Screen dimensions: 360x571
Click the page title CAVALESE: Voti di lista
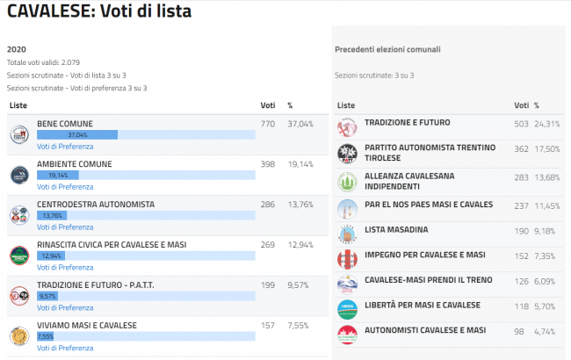coord(98,12)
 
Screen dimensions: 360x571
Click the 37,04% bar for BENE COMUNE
coord(76,135)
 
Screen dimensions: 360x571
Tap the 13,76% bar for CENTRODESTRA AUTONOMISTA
coord(52,215)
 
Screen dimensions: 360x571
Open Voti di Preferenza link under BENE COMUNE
coord(65,146)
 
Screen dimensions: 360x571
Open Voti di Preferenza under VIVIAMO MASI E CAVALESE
coord(65,348)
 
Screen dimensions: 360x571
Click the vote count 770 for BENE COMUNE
coord(268,124)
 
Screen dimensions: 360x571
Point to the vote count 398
coord(268,164)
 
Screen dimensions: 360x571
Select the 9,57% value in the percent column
coord(300,285)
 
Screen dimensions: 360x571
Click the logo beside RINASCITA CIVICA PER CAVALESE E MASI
coord(19,256)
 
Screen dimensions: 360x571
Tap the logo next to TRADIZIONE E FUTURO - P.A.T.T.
coord(19,296)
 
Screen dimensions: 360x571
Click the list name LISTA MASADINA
coord(396,229)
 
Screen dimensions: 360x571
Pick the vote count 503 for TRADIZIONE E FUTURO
coord(521,124)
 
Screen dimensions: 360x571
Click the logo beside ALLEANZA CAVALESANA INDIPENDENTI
coord(347,181)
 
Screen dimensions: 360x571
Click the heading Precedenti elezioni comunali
coord(387,49)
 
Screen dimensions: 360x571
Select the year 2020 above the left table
coord(16,50)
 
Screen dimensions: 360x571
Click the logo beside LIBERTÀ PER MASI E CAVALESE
coord(347,309)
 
